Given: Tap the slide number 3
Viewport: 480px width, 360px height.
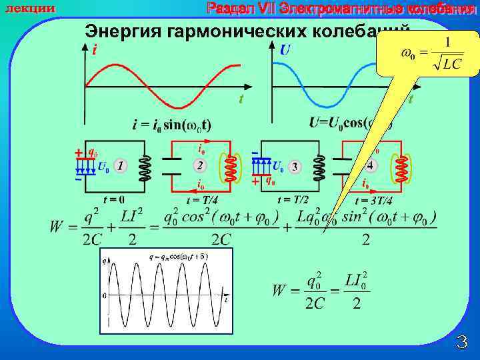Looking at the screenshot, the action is coord(461,343).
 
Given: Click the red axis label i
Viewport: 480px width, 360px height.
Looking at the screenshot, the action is coord(95,49).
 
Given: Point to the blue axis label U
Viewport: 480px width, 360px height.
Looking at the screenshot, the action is coord(285,49).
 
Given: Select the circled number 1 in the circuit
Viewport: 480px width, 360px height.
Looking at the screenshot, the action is coord(120,165).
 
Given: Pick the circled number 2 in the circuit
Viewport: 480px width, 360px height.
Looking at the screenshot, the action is coord(199,165).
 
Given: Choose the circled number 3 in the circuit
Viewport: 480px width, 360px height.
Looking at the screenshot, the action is coord(294,166).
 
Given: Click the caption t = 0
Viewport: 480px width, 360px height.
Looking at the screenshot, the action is coord(113,199).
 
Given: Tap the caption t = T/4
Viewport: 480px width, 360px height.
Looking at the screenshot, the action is coord(202,200).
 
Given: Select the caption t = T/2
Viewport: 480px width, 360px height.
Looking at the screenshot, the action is coord(293,199).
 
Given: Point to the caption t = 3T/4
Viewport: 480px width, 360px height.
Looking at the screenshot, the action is coord(373,200).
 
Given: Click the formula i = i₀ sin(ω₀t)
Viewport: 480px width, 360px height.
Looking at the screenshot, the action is coord(172,125).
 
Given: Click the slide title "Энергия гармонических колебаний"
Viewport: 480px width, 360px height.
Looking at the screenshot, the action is coord(247,31).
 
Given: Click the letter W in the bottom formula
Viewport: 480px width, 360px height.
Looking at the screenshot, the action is coord(280,291).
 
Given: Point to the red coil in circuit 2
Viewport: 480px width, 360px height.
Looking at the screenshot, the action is coord(229,167).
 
